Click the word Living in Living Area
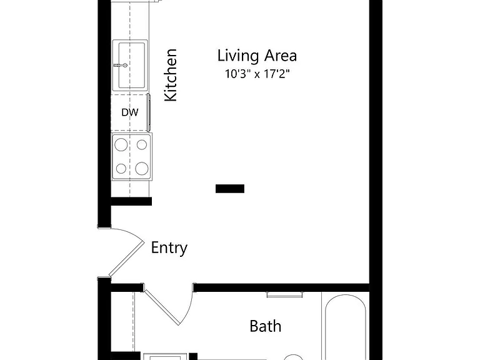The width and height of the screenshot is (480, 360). pyautogui.click(x=238, y=56)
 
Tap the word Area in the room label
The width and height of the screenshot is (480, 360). pyautogui.click(x=281, y=56)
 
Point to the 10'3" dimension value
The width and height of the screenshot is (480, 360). pyautogui.click(x=236, y=74)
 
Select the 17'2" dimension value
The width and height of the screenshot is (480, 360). pyautogui.click(x=277, y=74)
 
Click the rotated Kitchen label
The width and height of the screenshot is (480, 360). pyautogui.click(x=171, y=75)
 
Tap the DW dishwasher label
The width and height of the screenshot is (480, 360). pyautogui.click(x=130, y=112)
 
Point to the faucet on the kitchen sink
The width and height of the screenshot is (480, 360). pyautogui.click(x=121, y=65)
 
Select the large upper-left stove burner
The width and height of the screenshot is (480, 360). pyautogui.click(x=121, y=144)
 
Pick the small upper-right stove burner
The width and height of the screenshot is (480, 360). pyautogui.click(x=142, y=144)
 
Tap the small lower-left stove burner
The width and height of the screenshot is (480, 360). pyautogui.click(x=121, y=168)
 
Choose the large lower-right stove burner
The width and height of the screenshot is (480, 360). pyautogui.click(x=142, y=168)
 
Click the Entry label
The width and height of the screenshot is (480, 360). pyautogui.click(x=169, y=247)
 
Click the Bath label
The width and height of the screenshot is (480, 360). pyautogui.click(x=266, y=326)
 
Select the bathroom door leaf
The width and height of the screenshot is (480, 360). pyautogui.click(x=162, y=307)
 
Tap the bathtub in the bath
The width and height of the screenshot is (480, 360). pyautogui.click(x=346, y=327)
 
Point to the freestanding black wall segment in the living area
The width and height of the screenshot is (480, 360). pyautogui.click(x=230, y=189)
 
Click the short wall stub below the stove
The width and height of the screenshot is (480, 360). pyautogui.click(x=131, y=201)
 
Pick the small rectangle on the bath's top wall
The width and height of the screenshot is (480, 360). pyautogui.click(x=285, y=294)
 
